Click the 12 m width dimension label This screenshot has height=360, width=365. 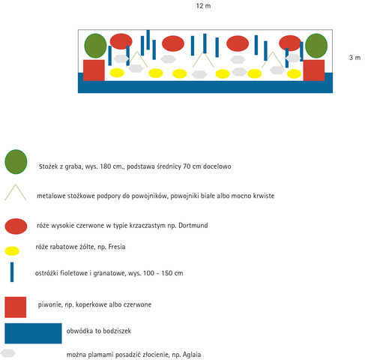[x=203, y=6]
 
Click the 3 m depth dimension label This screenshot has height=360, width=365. [x=355, y=58]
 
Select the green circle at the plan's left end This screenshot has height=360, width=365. [x=95, y=46]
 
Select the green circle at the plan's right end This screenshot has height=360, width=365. [x=316, y=46]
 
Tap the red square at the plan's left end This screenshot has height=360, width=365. [x=94, y=70]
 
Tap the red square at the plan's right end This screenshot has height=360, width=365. [x=314, y=70]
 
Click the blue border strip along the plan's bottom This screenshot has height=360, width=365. [x=205, y=87]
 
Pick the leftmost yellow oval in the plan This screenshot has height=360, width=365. [x=117, y=73]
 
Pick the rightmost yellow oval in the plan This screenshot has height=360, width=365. [x=294, y=73]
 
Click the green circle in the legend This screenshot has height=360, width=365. [x=16, y=162]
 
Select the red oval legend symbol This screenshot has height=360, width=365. [x=16, y=226]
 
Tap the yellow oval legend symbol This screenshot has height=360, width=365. [x=12, y=251]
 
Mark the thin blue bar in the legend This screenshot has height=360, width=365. [x=12, y=272]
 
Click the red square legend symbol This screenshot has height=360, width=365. [x=16, y=307]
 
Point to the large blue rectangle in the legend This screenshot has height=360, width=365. [x=33, y=333]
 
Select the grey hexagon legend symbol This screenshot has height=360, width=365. [x=8, y=353]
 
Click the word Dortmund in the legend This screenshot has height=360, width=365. [x=193, y=226]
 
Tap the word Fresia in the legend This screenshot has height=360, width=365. [x=117, y=247]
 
